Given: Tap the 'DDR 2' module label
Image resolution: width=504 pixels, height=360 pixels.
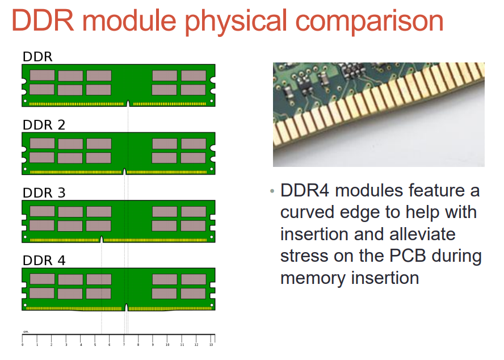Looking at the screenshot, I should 44,125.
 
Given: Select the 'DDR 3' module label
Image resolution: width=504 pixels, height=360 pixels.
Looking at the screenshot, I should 44,192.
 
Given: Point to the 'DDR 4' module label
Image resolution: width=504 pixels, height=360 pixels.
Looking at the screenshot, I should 44,261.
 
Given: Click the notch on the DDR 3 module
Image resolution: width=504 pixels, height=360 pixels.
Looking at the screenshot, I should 102,239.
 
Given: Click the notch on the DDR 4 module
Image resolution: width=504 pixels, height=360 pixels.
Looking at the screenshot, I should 126,307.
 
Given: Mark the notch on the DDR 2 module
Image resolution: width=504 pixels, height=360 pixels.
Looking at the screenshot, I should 124,171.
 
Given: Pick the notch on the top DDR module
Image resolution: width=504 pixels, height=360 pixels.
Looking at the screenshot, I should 128,103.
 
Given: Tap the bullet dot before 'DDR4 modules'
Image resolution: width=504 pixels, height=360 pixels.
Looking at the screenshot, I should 272,190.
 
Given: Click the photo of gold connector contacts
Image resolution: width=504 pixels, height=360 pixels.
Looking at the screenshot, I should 379,114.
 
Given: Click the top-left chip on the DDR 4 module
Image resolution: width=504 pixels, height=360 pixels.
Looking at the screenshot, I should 42,279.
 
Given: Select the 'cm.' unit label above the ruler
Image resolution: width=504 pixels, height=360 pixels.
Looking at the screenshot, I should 26,332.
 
